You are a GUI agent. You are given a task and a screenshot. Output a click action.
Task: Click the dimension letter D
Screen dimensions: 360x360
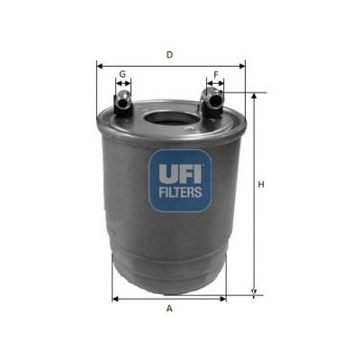point(169,55)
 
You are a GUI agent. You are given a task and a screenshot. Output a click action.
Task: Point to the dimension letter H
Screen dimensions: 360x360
point(262,185)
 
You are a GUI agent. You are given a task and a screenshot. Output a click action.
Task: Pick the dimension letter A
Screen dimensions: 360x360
point(169,309)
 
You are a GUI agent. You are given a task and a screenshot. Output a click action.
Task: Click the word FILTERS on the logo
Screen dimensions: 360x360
point(180,192)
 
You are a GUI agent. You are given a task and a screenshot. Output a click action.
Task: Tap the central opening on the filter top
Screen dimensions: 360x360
point(169,118)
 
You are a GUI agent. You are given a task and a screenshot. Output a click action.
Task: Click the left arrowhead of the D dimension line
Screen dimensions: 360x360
point(99,65)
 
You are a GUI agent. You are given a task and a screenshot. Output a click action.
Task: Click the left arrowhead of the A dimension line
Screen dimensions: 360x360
point(114,298)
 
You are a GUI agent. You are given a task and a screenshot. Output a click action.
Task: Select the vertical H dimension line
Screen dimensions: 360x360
point(254,193)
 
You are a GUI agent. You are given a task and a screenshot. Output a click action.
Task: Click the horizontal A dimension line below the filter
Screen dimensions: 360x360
point(168,298)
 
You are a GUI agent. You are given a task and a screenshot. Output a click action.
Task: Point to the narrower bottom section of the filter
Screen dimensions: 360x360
point(168,270)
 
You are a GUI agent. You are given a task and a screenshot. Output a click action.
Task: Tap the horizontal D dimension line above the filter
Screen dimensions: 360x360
point(170,65)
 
